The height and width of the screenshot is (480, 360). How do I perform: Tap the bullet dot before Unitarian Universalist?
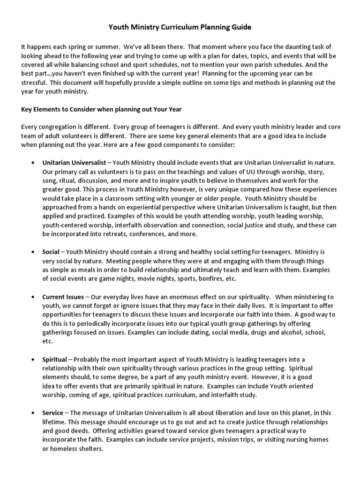click(32, 163)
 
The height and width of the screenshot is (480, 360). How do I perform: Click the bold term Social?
click(51, 252)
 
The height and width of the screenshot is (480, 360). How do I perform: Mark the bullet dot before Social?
click(32, 252)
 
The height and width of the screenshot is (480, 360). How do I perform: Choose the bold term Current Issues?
click(63, 297)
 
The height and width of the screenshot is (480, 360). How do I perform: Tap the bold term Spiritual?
click(54, 359)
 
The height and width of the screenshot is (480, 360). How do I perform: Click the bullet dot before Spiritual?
click(32, 359)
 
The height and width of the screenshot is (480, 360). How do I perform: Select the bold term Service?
click(52, 412)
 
